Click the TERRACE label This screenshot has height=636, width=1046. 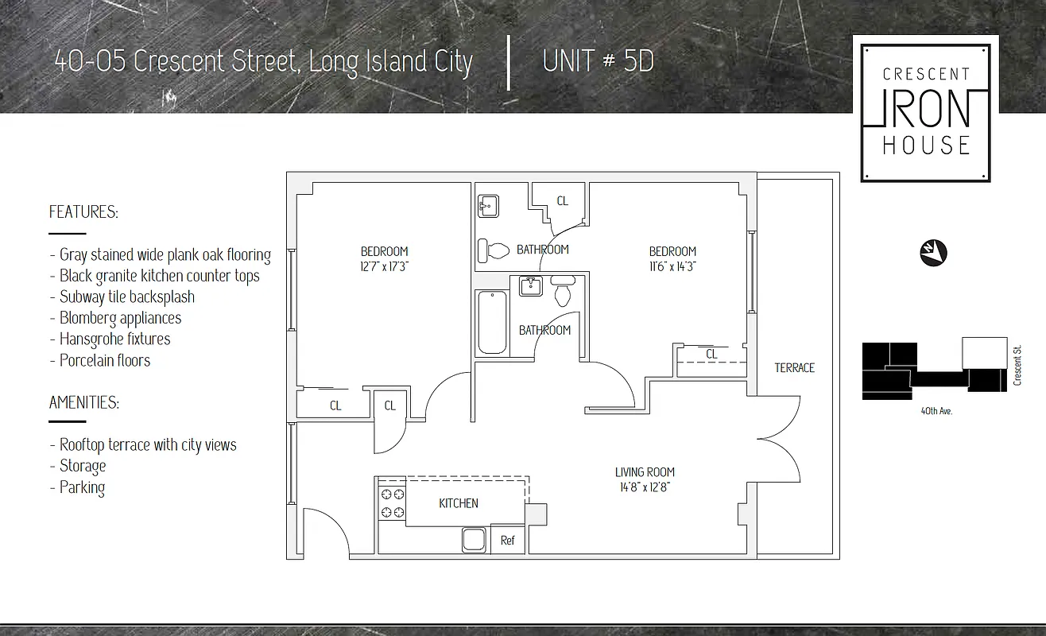(794, 367)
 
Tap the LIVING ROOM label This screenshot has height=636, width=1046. (644, 472)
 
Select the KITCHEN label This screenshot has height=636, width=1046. (459, 503)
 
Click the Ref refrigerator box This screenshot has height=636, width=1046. (507, 541)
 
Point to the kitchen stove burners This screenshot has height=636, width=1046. (392, 503)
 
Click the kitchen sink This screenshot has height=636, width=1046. (474, 541)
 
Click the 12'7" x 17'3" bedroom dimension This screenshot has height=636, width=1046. (384, 267)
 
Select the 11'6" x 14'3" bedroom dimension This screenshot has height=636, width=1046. (672, 267)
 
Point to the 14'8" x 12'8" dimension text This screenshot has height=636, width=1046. (644, 487)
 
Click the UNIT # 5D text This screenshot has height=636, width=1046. (598, 61)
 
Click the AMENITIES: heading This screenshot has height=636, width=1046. (84, 402)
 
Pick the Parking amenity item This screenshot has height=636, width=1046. (82, 487)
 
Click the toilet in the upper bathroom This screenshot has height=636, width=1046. (494, 251)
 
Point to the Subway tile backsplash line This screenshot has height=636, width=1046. (126, 297)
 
